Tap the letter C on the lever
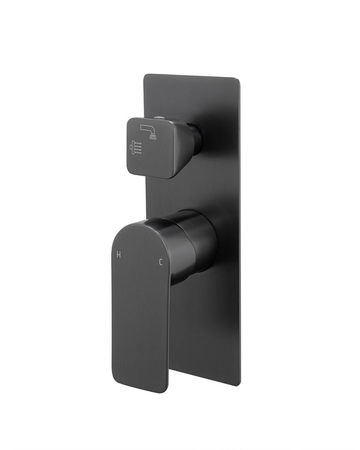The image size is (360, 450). click(160, 261)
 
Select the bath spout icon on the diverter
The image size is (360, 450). click(148, 130)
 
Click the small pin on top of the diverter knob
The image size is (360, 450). click(160, 118)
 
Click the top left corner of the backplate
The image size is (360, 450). click(146, 76)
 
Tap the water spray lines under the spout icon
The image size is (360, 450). click(154, 137)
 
